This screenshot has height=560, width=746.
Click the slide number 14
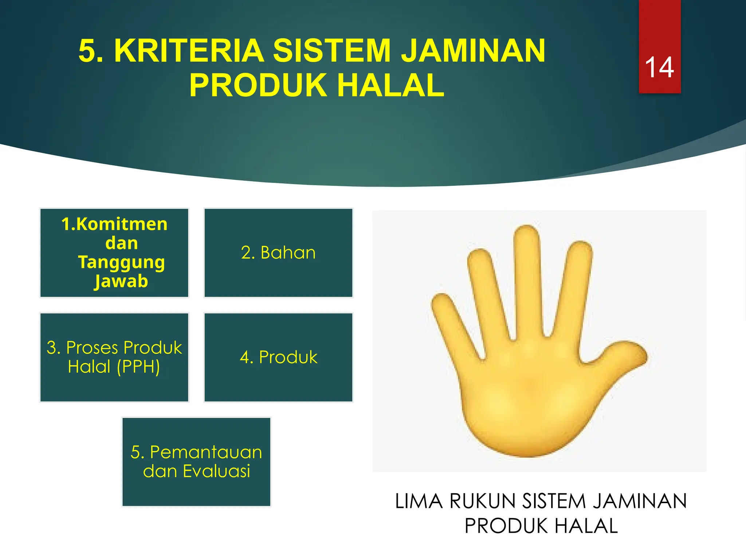click(659, 67)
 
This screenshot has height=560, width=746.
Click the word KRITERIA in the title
click(189, 51)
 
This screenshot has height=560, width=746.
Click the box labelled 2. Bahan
click(278, 253)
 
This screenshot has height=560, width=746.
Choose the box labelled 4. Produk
click(278, 357)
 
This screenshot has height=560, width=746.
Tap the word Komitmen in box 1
click(122, 224)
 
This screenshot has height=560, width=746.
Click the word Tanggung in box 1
click(122, 262)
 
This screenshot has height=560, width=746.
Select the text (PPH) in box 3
click(138, 367)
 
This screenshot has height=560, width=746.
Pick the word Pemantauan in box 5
click(206, 452)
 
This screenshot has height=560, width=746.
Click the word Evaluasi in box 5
click(216, 471)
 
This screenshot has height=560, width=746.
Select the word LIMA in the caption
click(419, 501)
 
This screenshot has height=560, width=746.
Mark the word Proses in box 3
click(93, 348)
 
